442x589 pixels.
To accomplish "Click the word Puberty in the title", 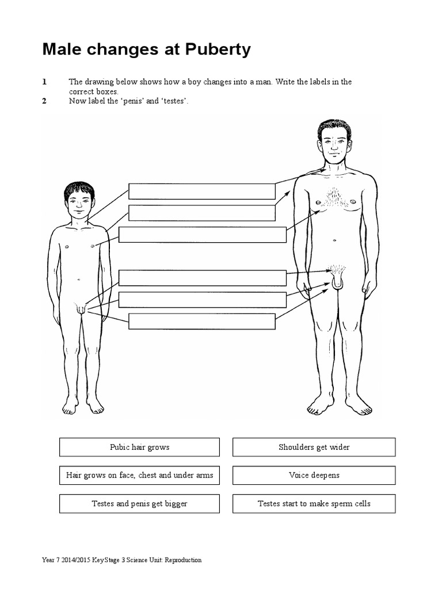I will pyautogui.click(x=218, y=50).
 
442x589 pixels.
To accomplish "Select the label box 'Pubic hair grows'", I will pyautogui.click(x=139, y=447).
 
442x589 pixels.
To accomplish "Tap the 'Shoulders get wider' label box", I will pyautogui.click(x=314, y=447).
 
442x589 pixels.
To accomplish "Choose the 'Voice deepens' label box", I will pyautogui.click(x=314, y=475).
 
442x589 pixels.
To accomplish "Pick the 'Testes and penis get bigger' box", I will pyautogui.click(x=139, y=503).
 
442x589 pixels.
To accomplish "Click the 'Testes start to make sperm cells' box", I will pyautogui.click(x=314, y=503).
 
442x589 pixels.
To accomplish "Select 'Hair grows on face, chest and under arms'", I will pyautogui.click(x=139, y=475).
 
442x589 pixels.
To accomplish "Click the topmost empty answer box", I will pyautogui.click(x=201, y=191).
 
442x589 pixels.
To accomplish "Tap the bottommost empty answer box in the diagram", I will pyautogui.click(x=201, y=321).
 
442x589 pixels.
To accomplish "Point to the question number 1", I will pyautogui.click(x=44, y=82).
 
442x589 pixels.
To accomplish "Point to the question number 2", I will pyautogui.click(x=44, y=101).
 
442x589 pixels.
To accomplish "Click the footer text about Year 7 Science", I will pyautogui.click(x=121, y=560).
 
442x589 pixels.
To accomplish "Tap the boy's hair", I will pyautogui.click(x=79, y=188).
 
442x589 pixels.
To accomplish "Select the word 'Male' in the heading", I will pyautogui.click(x=60, y=50).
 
